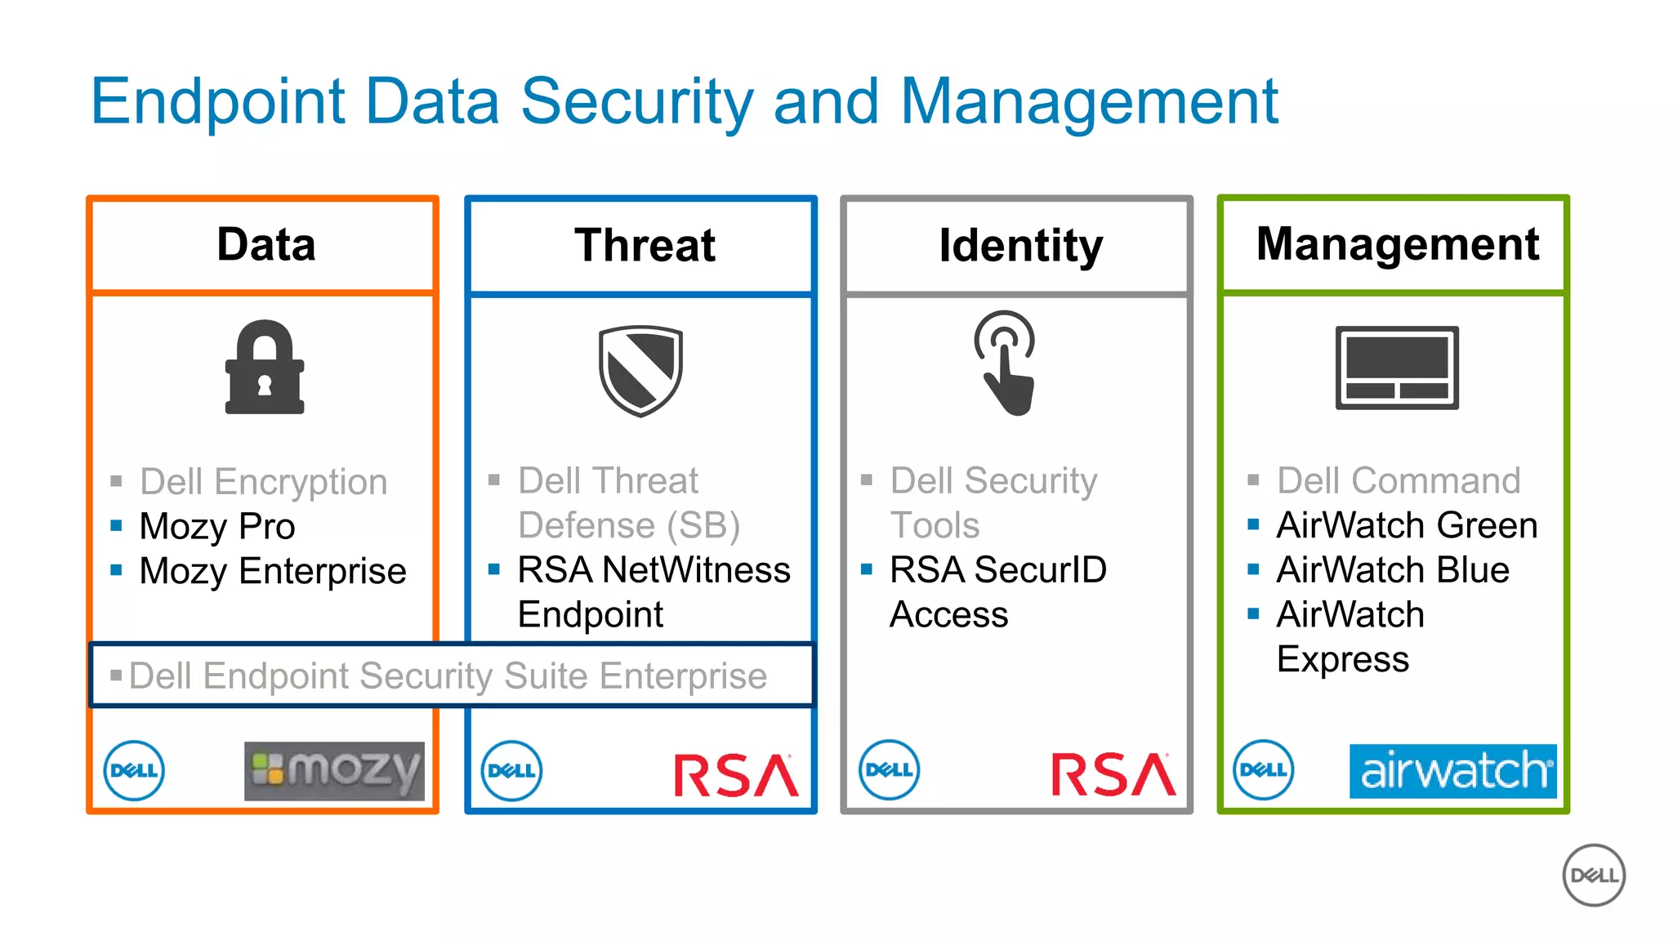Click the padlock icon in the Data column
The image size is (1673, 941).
point(265,368)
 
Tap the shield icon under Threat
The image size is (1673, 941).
point(640,371)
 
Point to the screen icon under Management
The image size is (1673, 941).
point(1397,368)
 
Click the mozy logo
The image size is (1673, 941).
point(334,770)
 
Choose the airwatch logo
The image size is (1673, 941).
point(1452,770)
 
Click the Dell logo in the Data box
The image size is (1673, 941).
point(134,770)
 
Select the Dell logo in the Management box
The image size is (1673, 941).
point(1263,769)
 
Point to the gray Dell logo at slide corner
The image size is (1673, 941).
point(1594,875)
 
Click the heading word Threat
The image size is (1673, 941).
point(645,245)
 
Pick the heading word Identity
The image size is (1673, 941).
point(1020,246)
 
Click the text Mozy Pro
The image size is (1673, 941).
point(217,526)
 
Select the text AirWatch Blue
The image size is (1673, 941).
point(1393,570)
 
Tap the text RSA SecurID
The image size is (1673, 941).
point(998,570)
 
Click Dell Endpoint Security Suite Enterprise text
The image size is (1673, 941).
point(448,676)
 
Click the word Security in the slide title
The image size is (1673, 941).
point(636,102)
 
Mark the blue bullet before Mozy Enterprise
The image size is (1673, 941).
point(116,569)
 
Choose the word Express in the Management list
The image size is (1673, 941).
point(1342,659)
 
